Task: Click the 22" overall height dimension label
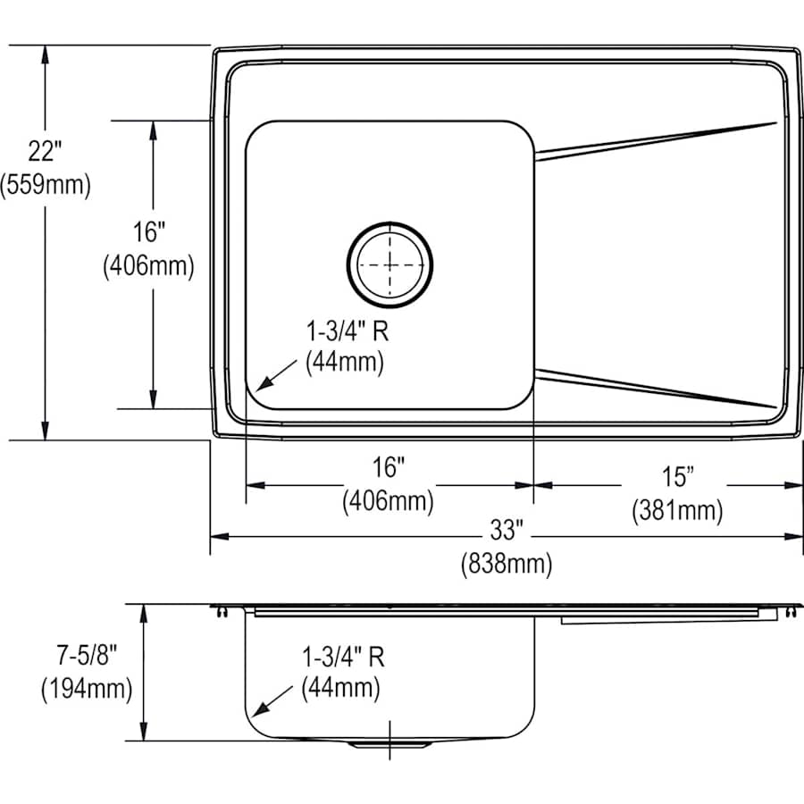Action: click(x=46, y=150)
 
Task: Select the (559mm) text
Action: click(x=46, y=185)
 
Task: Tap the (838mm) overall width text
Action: click(x=506, y=565)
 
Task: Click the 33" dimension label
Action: click(x=506, y=531)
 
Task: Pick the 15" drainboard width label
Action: click(x=677, y=477)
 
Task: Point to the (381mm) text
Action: click(x=677, y=510)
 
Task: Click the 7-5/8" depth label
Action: click(x=85, y=656)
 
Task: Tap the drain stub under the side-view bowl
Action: click(x=389, y=743)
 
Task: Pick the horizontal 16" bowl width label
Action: click(x=389, y=467)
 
